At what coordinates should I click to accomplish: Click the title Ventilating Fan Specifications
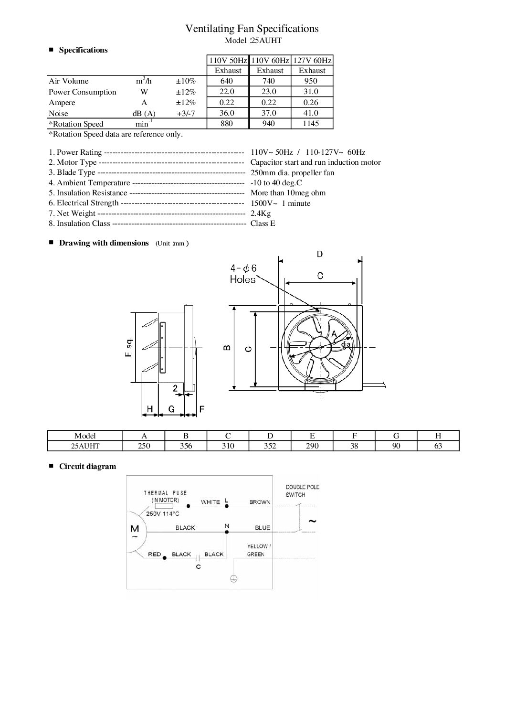pyautogui.click(x=252, y=29)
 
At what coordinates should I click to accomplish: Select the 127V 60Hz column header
pyautogui.click(x=312, y=60)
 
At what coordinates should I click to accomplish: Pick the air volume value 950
pyautogui.click(x=311, y=81)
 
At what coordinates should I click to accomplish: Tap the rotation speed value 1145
pyautogui.click(x=311, y=123)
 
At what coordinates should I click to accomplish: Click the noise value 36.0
pyautogui.click(x=227, y=113)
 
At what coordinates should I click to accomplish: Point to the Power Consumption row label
pyautogui.click(x=82, y=92)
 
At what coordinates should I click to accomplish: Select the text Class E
pyautogui.click(x=263, y=223)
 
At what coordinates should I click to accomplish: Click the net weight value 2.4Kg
pyautogui.click(x=261, y=213)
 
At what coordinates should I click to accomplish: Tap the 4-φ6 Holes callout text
pyautogui.click(x=243, y=274)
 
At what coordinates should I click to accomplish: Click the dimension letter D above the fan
pyautogui.click(x=320, y=254)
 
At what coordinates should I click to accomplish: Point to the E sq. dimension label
pyautogui.click(x=128, y=348)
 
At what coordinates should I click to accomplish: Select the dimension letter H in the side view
pyautogui.click(x=150, y=409)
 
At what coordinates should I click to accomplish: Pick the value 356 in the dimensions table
pyautogui.click(x=186, y=446)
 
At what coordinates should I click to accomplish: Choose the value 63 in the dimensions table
pyautogui.click(x=438, y=446)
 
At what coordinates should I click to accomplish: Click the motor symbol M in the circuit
pyautogui.click(x=135, y=529)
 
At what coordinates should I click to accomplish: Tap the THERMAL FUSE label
pyautogui.click(x=165, y=492)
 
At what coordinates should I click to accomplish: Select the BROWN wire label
pyautogui.click(x=260, y=502)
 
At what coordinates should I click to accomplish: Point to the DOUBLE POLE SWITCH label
pyautogui.click(x=302, y=491)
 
